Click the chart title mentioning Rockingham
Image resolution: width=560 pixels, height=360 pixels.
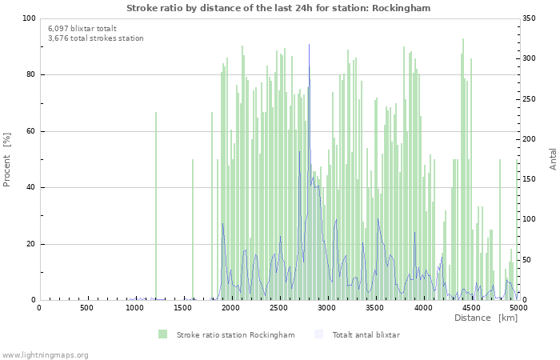click(x=278, y=8)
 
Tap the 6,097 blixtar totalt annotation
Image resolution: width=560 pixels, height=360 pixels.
click(x=82, y=28)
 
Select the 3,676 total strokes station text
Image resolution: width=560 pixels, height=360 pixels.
click(x=95, y=38)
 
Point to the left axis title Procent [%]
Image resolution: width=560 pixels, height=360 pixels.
click(x=7, y=159)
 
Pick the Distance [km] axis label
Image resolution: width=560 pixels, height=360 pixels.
click(x=486, y=318)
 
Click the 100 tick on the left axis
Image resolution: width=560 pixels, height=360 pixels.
click(x=29, y=18)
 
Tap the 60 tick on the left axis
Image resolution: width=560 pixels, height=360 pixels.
click(x=30, y=131)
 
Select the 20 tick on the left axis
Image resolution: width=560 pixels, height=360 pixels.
click(x=30, y=244)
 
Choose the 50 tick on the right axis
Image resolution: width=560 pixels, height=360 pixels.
click(x=529, y=260)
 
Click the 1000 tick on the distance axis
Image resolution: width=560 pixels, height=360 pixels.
click(x=134, y=308)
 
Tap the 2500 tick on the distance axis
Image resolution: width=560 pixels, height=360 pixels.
click(x=278, y=308)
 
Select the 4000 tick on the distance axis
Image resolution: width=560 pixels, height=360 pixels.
click(x=422, y=308)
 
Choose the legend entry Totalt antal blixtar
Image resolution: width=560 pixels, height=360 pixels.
click(x=366, y=334)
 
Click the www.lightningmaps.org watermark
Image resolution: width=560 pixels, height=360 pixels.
click(x=45, y=354)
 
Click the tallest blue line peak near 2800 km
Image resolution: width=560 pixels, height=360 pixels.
click(x=309, y=46)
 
